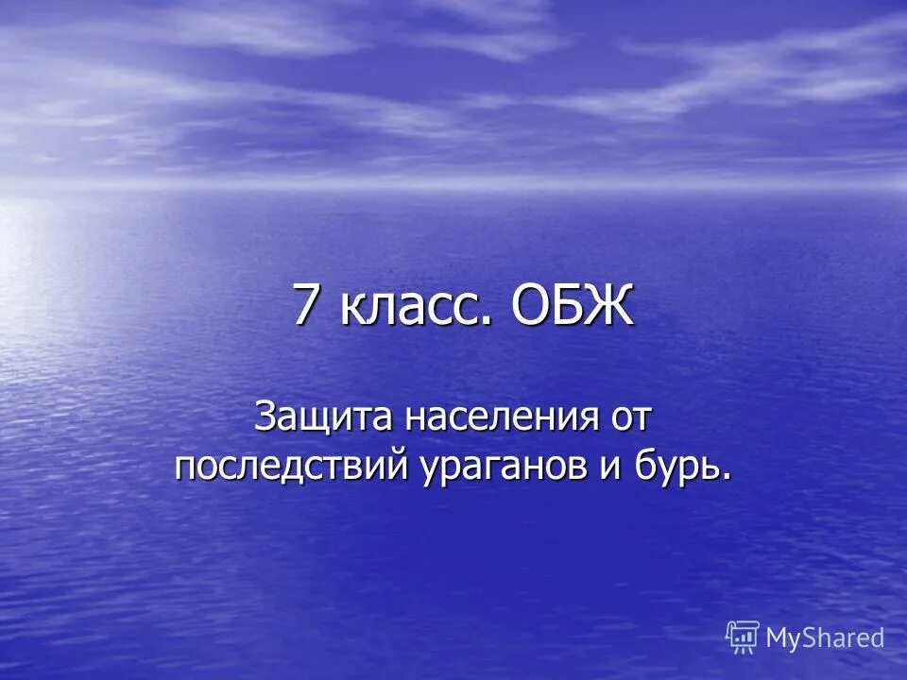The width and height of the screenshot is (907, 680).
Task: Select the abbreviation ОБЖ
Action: pyautogui.click(x=572, y=306)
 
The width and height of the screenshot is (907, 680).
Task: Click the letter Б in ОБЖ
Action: pyautogui.click(x=571, y=306)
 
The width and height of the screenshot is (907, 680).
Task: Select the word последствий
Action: pyautogui.click(x=288, y=467)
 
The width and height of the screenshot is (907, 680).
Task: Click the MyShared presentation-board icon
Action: pyautogui.click(x=743, y=638)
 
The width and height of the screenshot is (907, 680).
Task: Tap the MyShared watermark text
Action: pyautogui.click(x=825, y=638)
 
